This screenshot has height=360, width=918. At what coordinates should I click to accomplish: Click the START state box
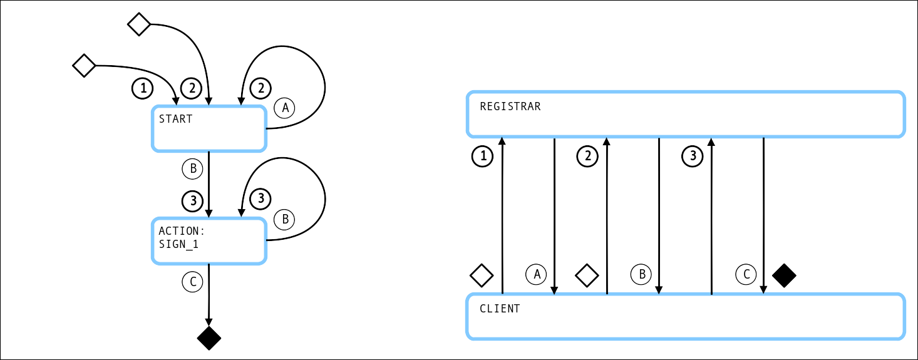pos(209,129)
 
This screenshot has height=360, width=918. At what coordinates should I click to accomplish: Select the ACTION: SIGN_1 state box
pos(209,240)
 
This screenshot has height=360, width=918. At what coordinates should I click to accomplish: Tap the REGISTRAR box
pos(686,114)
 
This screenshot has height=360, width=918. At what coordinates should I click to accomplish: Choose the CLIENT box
pos(686,316)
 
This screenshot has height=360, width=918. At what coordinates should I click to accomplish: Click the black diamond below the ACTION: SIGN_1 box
pos(209,338)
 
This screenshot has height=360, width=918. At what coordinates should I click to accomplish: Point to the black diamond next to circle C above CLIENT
pos(784,275)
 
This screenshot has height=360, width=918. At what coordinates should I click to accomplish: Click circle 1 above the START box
pos(143,89)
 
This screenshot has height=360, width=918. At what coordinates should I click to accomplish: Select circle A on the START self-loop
pos(285,108)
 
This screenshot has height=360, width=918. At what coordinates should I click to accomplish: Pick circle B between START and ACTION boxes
pos(193,168)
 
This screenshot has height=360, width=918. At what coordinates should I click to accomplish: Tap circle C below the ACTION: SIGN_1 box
pos(193,282)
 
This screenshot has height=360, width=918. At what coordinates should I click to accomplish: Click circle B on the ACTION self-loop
pos(285,220)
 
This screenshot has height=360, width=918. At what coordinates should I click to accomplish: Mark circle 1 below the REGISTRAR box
pos(482,156)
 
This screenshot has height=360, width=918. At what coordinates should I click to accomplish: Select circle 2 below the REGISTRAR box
pos(587,156)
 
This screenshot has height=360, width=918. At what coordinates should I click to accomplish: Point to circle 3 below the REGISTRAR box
pos(693,156)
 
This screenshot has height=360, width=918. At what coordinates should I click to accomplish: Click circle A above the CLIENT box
pos(536,274)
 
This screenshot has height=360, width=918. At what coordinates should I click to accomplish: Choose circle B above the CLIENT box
pos(641,274)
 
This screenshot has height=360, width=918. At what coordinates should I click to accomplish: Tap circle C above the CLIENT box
pos(746,274)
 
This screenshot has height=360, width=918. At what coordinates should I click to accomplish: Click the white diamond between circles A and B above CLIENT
pos(587,275)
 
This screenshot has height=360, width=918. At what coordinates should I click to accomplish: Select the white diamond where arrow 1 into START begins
pos(84,65)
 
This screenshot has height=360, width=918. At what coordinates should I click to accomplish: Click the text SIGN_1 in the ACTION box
pos(178,245)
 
